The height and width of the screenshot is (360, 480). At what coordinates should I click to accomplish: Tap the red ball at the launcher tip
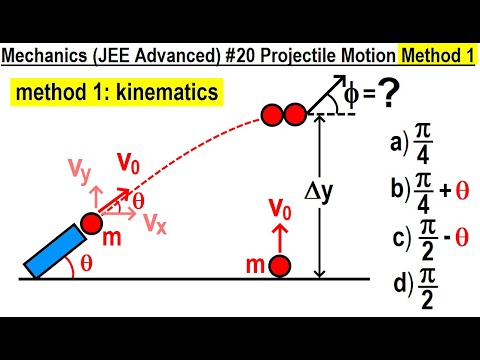coord(90,222)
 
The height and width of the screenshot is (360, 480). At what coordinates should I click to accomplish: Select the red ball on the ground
coord(281,266)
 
